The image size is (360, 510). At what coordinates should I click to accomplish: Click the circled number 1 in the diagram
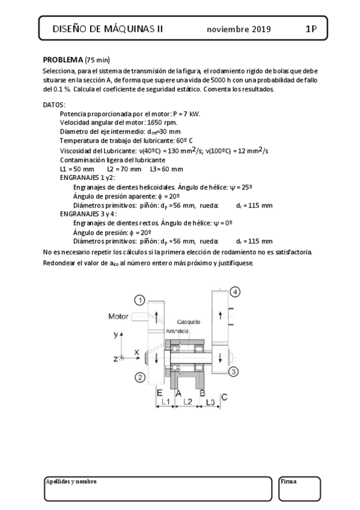click(139, 300)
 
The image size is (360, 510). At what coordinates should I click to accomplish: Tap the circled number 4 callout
click(235, 292)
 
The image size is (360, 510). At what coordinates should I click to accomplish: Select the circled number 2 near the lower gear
click(139, 378)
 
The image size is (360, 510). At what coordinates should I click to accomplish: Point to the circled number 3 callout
click(234, 371)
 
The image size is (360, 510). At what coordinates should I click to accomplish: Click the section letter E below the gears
click(159, 392)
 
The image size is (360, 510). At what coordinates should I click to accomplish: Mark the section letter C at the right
click(224, 396)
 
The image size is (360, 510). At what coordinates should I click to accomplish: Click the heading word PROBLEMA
click(63, 60)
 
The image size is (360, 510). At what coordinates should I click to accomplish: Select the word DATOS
click(54, 105)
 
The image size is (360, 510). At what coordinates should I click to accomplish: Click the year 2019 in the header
click(261, 29)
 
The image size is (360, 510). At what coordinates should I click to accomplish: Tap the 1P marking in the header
click(311, 28)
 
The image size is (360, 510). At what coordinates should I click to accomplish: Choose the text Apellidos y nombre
click(71, 482)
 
